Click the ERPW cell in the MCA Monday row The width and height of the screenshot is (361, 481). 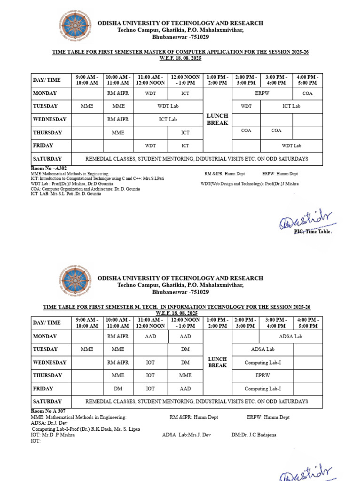[262, 93]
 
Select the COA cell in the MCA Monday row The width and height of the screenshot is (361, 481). [307, 93]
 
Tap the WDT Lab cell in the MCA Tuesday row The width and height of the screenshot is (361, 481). [168, 106]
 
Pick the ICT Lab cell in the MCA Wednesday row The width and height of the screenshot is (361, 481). [168, 119]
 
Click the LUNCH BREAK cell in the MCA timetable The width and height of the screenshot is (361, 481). [217, 119]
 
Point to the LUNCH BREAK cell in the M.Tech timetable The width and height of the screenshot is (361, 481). [217, 362]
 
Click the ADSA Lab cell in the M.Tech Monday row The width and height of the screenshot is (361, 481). [290, 336]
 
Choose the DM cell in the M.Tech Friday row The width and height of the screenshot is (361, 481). [118, 388]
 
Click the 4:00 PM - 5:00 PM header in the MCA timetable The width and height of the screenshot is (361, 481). [307, 80]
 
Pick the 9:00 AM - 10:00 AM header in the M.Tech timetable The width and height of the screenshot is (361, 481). [87, 323]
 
